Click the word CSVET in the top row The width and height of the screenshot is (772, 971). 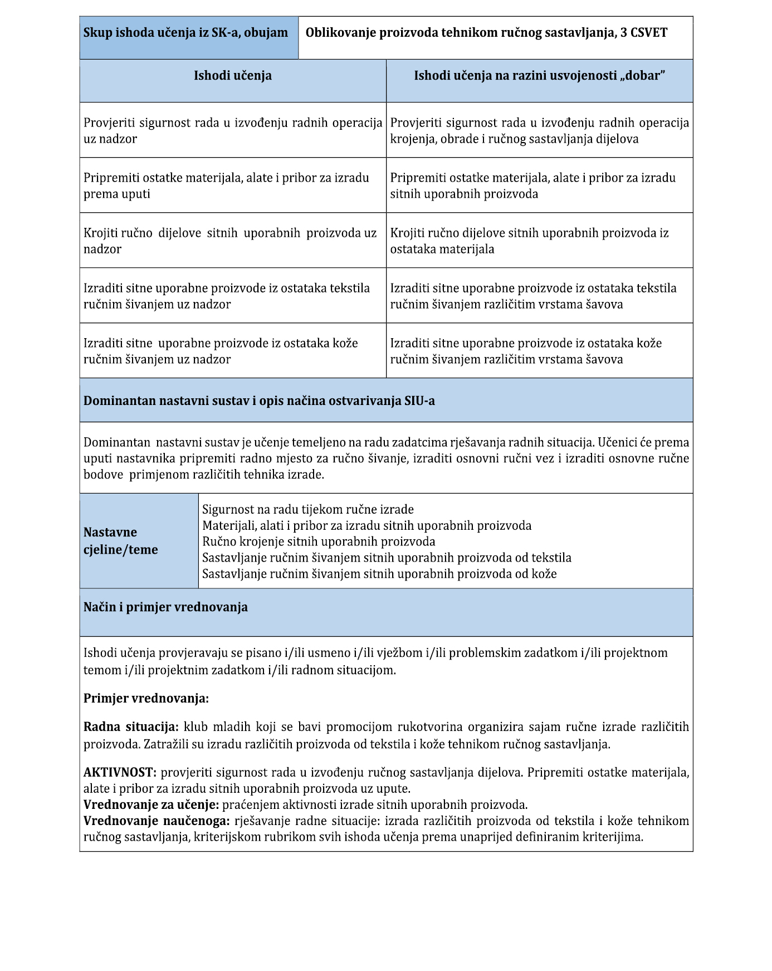(648, 33)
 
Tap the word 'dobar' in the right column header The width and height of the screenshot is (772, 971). (642, 76)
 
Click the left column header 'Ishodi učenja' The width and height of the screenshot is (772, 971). (233, 76)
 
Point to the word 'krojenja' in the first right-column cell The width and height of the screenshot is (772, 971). (413, 139)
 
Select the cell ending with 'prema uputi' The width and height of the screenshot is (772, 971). (233, 186)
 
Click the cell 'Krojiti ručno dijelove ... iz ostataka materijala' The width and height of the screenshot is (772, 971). (539, 241)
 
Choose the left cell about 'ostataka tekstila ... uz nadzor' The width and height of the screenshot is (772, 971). (233, 296)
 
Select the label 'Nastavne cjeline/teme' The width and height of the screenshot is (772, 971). (121, 541)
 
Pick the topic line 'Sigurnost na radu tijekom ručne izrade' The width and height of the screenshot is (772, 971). (308, 509)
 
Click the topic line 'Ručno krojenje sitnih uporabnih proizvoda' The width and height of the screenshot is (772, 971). (319, 541)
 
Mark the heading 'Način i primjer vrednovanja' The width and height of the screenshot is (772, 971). (165, 607)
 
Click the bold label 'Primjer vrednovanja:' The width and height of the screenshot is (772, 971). (146, 699)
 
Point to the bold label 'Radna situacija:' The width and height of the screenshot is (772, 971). (131, 727)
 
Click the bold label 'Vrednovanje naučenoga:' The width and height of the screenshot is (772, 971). (157, 821)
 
